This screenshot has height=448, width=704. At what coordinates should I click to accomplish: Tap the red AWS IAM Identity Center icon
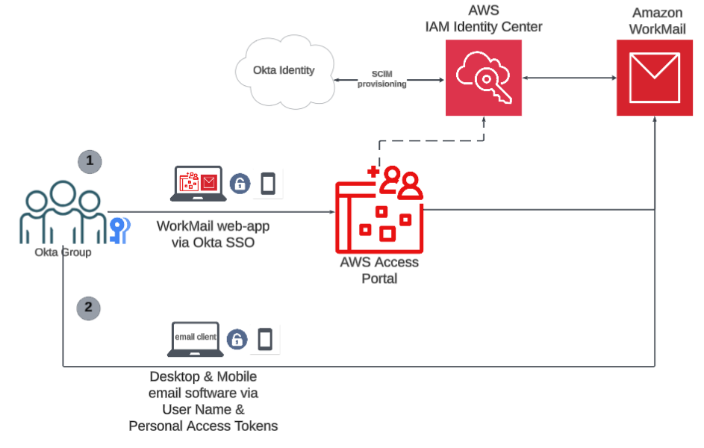point(484,78)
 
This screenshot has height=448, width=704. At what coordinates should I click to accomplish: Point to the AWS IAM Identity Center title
point(484,19)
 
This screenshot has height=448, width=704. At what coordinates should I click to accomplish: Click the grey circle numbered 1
point(90,161)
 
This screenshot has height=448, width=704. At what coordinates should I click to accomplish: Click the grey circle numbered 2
point(89,307)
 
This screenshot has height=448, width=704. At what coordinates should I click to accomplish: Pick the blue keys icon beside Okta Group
point(119,230)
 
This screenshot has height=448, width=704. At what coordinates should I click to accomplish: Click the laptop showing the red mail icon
point(198,184)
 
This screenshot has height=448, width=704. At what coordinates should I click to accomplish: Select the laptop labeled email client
point(196,340)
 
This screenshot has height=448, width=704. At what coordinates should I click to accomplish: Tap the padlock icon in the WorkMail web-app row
point(240,184)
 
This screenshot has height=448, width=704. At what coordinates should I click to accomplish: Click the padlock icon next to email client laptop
point(237,340)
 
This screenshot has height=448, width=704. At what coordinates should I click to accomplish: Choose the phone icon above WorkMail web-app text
point(267,184)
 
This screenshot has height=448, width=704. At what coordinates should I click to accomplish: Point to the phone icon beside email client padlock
point(265,340)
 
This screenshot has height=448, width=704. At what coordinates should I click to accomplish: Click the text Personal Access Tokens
point(203,426)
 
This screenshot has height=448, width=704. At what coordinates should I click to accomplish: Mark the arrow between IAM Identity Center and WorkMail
point(569,78)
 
